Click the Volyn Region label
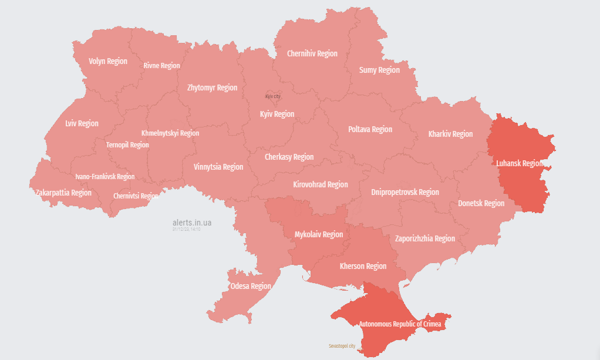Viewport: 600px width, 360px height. [108, 61]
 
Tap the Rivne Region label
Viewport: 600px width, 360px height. [161, 66]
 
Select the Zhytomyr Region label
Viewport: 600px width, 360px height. [212, 88]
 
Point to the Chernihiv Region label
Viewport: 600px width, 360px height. [312, 53]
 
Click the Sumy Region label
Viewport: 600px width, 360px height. [379, 70]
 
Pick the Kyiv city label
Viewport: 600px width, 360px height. [273, 96]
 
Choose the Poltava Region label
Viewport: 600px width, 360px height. [370, 129]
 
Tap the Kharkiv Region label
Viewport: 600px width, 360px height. [450, 134]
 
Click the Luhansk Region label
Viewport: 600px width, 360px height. [520, 163]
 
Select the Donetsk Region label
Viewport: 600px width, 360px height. [481, 203]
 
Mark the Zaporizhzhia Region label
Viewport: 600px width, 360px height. [424, 238]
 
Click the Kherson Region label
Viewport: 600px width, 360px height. [363, 266]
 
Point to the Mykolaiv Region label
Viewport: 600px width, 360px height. [318, 234]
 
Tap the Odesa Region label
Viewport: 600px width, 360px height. [251, 286]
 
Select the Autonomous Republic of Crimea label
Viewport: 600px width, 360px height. [400, 324]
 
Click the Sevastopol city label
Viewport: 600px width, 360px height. [342, 346]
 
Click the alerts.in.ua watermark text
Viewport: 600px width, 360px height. [192, 223]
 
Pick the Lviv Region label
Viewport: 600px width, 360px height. [82, 123]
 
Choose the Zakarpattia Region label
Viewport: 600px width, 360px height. [63, 193]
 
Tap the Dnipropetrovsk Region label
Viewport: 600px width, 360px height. [405, 192]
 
